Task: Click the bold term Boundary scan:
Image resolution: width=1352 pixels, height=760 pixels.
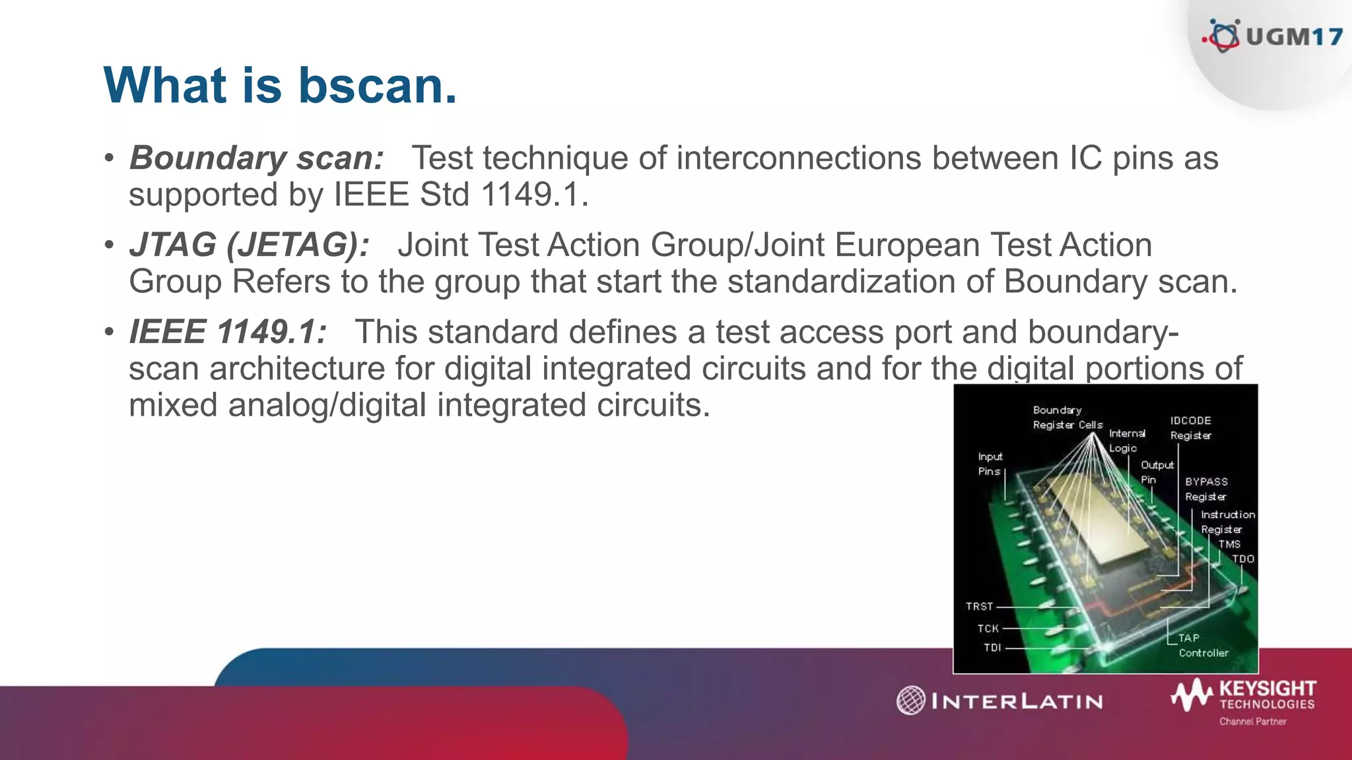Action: click(x=256, y=158)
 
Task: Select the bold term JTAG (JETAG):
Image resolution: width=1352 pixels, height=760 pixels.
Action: click(x=249, y=245)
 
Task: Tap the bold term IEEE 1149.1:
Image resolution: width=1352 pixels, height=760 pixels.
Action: click(x=227, y=332)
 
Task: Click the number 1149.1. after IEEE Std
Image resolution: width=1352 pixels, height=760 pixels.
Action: click(x=534, y=195)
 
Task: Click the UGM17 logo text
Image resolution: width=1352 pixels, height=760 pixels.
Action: click(x=1293, y=36)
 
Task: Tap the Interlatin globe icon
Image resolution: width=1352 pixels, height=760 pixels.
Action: click(x=911, y=700)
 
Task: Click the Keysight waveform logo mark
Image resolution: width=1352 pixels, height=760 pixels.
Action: click(x=1192, y=695)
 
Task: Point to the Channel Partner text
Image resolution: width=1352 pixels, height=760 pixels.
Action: click(x=1252, y=722)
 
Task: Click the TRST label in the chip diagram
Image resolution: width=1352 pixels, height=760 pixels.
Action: click(x=979, y=606)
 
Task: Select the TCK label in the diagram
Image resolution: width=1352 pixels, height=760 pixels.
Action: click(x=988, y=629)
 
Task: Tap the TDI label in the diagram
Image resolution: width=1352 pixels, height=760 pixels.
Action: click(x=992, y=648)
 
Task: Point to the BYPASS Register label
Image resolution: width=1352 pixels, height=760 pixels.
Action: click(x=1206, y=489)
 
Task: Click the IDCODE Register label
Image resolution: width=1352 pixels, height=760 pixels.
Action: click(x=1190, y=427)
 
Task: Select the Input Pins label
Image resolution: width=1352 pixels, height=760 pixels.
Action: click(x=990, y=464)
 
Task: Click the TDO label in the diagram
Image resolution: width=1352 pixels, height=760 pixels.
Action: click(x=1242, y=559)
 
